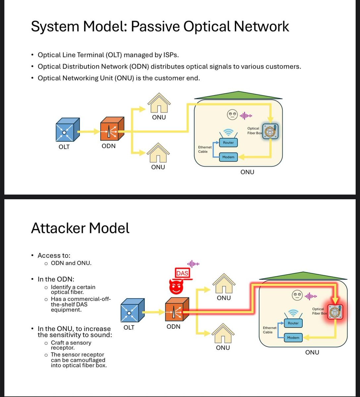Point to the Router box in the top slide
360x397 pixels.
click(x=228, y=143)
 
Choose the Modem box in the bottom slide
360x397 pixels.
click(x=293, y=337)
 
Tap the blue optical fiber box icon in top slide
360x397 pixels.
click(x=270, y=131)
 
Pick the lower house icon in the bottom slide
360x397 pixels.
click(x=223, y=334)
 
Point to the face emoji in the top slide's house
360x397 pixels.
click(x=231, y=115)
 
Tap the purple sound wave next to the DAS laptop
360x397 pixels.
click(x=193, y=264)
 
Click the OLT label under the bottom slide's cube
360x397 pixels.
click(x=129, y=328)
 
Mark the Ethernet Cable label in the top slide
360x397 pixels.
click(x=204, y=149)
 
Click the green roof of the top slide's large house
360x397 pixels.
click(x=238, y=95)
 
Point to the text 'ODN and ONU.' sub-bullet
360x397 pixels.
click(x=71, y=263)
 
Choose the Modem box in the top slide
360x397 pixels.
click(x=228, y=157)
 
